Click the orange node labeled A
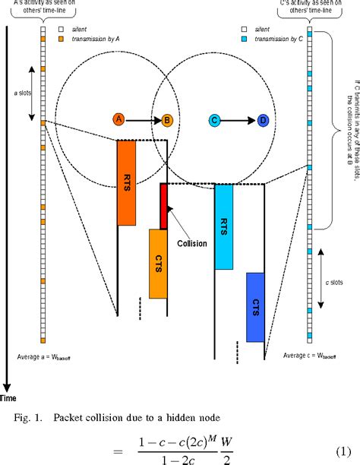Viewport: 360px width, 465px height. coord(118,119)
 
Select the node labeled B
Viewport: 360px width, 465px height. coord(166,119)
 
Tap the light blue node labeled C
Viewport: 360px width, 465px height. coord(215,119)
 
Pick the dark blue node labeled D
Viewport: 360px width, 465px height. coord(263,119)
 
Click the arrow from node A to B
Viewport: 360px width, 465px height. coord(143,119)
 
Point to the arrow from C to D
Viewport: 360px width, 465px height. coord(239,119)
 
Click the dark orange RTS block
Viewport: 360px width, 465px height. coord(126,182)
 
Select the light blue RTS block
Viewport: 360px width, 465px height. coord(223,226)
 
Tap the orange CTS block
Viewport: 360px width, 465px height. coord(158,263)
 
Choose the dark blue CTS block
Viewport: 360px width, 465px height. coord(255,307)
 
